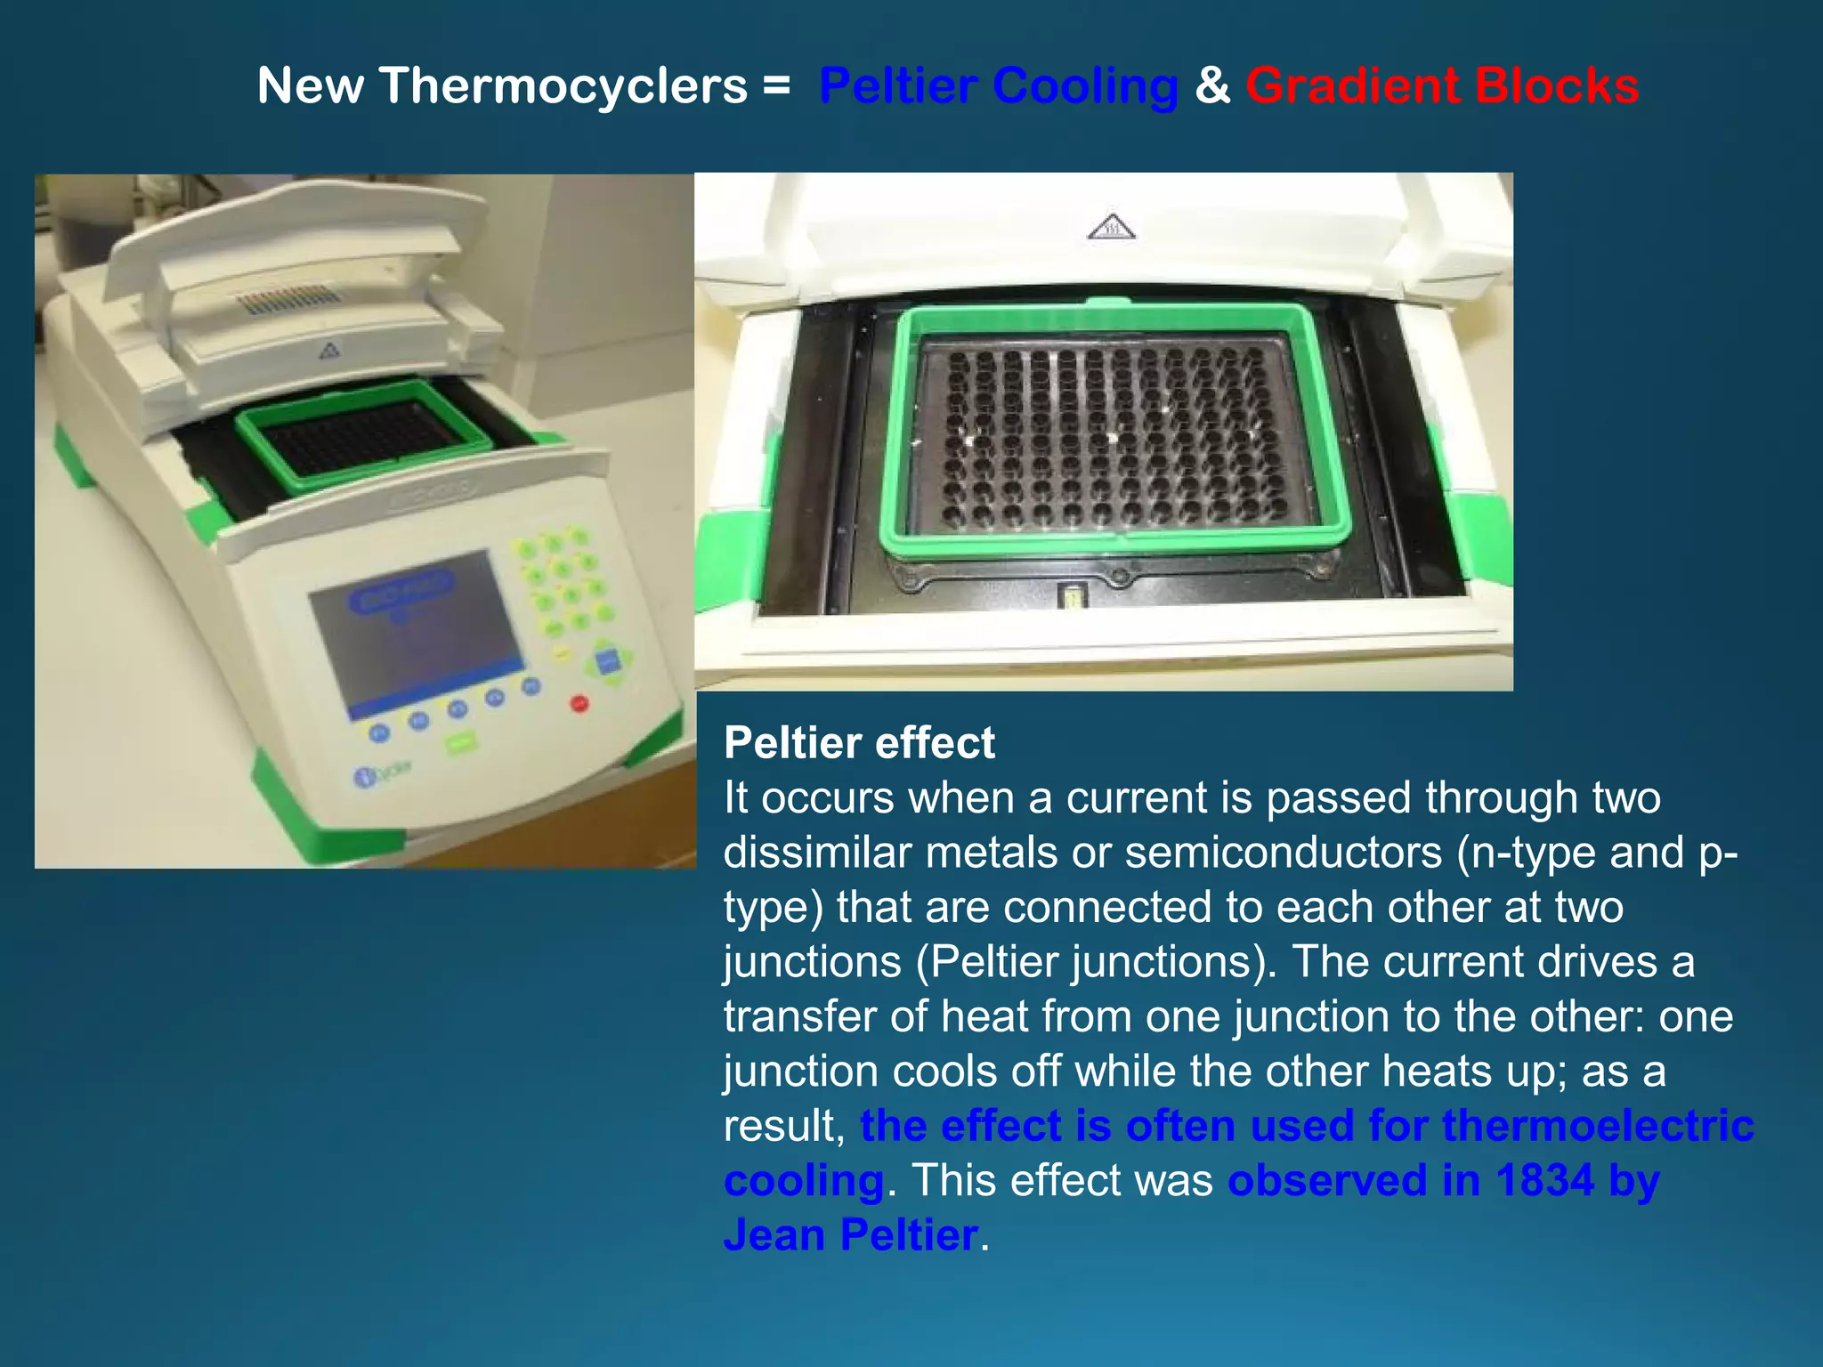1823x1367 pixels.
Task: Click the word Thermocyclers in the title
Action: [563, 86]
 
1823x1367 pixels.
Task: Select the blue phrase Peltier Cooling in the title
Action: [998, 86]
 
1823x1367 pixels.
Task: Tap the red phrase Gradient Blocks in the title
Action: [1441, 86]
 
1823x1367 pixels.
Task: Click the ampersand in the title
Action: [1211, 86]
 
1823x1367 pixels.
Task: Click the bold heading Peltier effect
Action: [859, 742]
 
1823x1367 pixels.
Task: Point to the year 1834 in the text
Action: [1544, 1180]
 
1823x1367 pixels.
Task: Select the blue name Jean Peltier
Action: [851, 1235]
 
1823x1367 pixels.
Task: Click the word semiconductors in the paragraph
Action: [1283, 853]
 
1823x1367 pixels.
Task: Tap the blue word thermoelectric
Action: [1598, 1126]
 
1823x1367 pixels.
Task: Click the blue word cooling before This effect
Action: [804, 1180]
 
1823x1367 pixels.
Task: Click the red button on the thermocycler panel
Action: [579, 703]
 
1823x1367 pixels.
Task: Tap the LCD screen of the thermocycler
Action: [416, 628]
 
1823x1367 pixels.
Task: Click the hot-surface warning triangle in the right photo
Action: [1111, 228]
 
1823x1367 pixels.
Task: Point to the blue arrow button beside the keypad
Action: [608, 662]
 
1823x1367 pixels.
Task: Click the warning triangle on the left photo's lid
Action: [329, 351]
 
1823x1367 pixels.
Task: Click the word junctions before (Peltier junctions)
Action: [812, 962]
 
